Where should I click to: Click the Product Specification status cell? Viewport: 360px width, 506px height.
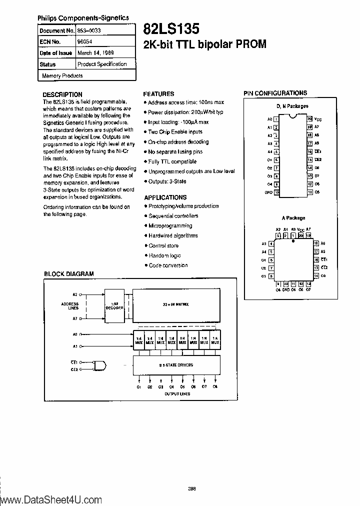click(x=102, y=64)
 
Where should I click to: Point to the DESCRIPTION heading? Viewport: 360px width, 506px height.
click(x=62, y=94)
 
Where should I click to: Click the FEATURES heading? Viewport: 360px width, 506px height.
click(x=158, y=93)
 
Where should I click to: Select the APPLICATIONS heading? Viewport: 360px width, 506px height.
click(x=165, y=197)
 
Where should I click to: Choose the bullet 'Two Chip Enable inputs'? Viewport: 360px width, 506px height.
click(x=175, y=132)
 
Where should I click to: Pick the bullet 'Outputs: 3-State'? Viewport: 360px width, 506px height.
click(x=167, y=181)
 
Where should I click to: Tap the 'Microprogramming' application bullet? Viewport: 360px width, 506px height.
click(x=170, y=226)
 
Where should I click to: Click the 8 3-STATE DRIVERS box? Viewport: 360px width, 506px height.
click(x=176, y=365)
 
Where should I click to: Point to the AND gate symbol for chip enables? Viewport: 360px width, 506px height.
click(x=100, y=365)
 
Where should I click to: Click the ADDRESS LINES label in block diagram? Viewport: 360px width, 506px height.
click(x=70, y=305)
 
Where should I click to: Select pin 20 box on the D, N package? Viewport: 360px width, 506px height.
click(x=309, y=119)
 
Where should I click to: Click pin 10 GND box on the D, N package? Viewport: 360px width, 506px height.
click(x=276, y=192)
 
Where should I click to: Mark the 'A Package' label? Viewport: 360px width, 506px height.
click(x=293, y=218)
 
